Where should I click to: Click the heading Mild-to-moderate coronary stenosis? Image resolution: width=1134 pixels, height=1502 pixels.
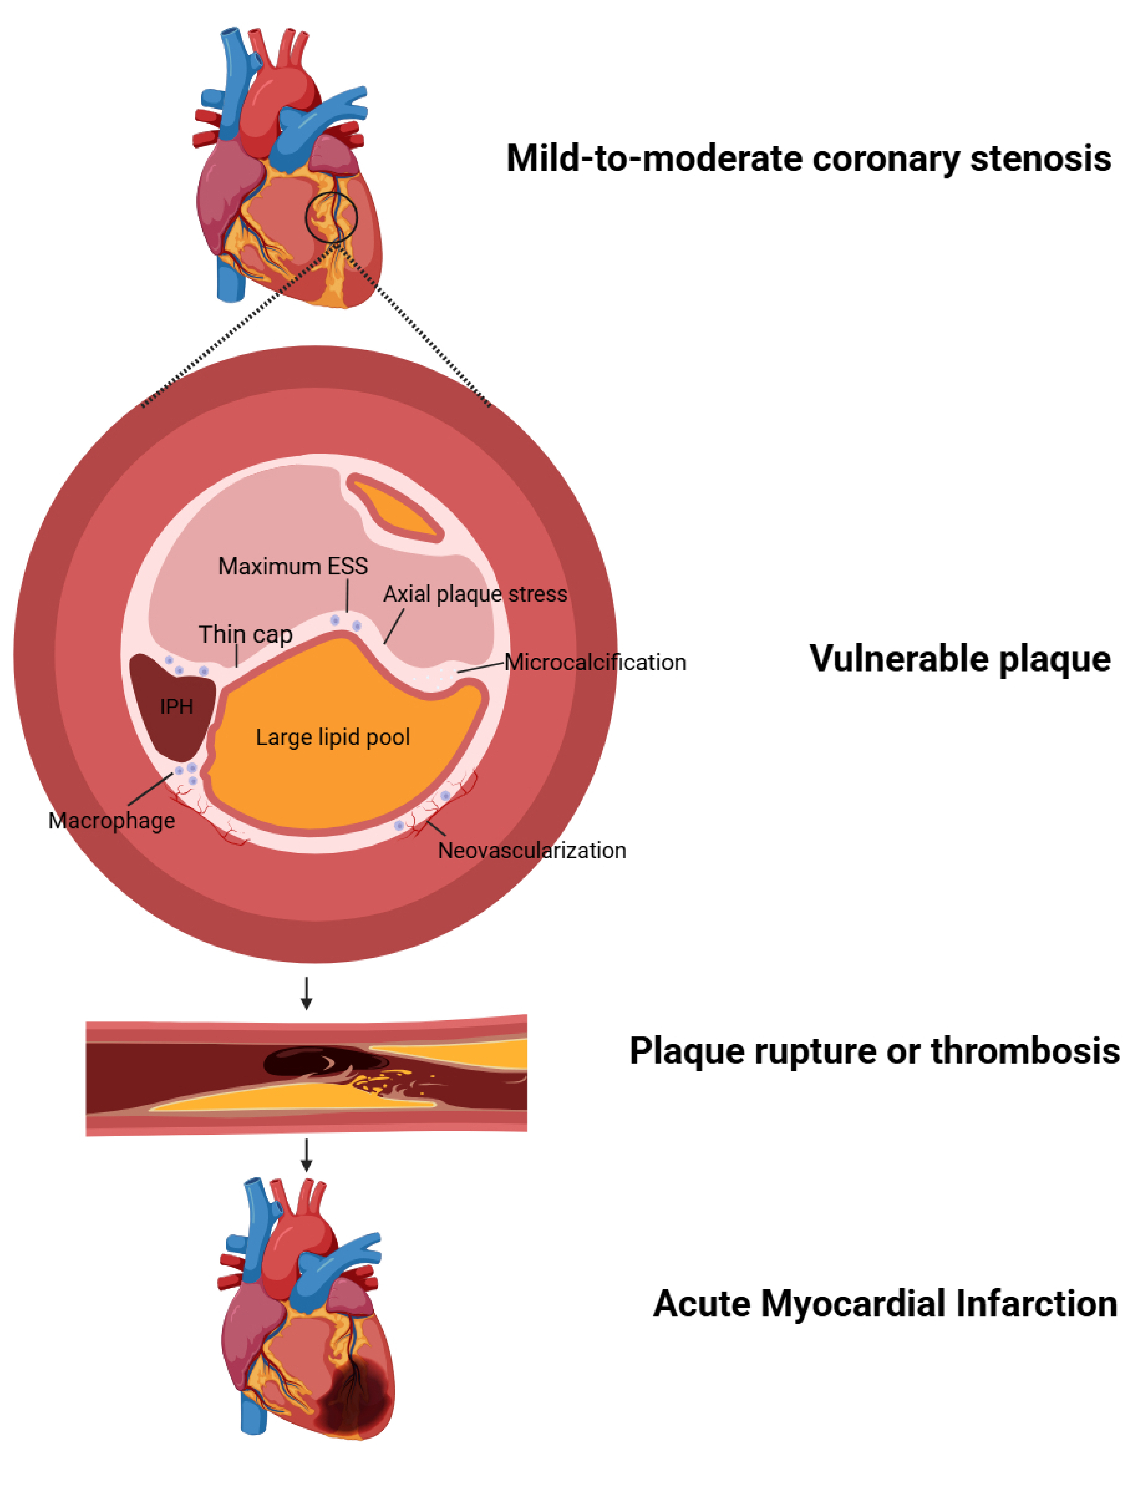point(808,158)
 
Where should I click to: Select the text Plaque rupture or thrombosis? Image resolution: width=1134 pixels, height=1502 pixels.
point(874,1050)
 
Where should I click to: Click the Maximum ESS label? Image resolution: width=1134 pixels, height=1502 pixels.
point(293,566)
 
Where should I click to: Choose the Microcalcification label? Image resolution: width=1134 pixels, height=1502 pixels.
point(595,662)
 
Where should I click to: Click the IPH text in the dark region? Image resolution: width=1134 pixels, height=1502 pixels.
point(177,707)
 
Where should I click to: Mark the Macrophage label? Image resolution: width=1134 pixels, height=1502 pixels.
point(111,820)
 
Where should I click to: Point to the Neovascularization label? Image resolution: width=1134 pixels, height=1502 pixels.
point(532,850)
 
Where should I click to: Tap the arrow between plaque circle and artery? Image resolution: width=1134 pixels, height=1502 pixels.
point(306,993)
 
